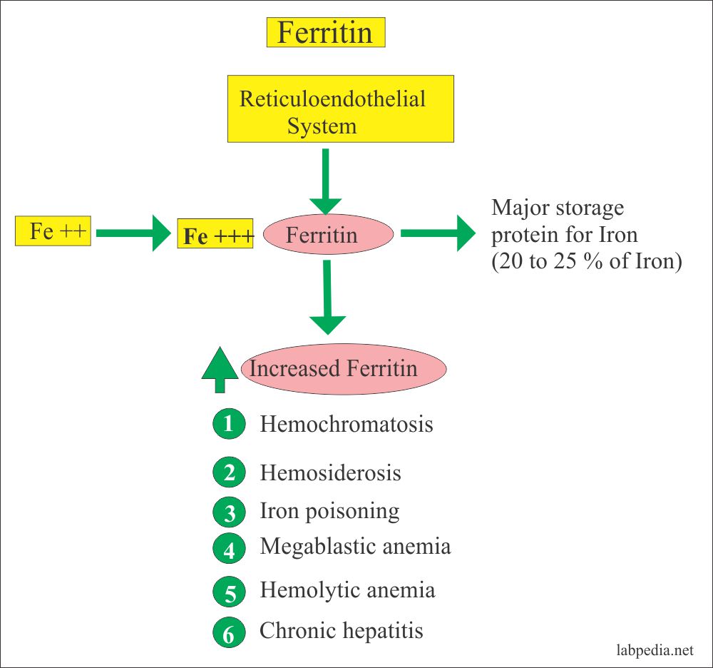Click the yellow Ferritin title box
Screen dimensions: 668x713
[325, 33]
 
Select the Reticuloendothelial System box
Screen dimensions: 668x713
[332, 109]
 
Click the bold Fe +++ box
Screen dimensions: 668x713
[215, 234]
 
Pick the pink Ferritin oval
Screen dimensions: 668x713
[328, 234]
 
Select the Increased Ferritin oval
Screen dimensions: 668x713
[344, 368]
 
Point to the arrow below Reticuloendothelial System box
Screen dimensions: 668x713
[326, 181]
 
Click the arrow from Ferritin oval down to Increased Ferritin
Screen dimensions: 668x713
[327, 297]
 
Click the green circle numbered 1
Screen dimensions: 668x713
[228, 425]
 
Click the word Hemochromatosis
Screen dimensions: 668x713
[346, 425]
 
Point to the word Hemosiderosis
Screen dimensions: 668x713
[330, 472]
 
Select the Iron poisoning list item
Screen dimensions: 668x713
[329, 511]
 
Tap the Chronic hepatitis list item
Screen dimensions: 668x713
[341, 631]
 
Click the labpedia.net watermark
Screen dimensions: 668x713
[654, 650]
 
